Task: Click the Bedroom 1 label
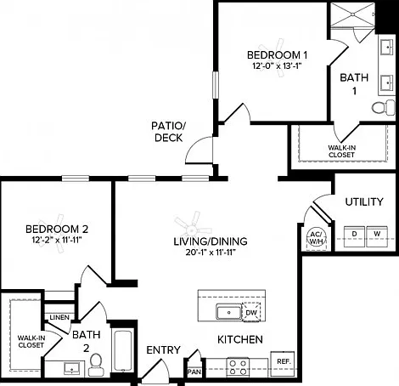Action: (277, 55)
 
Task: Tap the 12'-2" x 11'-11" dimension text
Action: (57, 241)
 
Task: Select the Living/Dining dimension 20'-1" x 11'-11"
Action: (211, 253)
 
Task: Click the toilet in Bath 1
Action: (383, 107)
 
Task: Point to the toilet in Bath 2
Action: (96, 365)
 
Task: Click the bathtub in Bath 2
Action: (123, 351)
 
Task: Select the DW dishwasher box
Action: (251, 313)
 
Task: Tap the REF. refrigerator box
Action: (283, 364)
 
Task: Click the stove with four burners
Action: (238, 367)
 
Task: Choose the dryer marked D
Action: (354, 236)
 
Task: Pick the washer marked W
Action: (377, 236)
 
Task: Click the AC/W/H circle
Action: (317, 237)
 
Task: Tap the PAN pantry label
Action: (194, 372)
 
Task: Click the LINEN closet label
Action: (59, 317)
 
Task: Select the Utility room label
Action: (364, 202)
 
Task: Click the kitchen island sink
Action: (229, 312)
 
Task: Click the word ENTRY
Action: (163, 350)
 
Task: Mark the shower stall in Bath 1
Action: (352, 14)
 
